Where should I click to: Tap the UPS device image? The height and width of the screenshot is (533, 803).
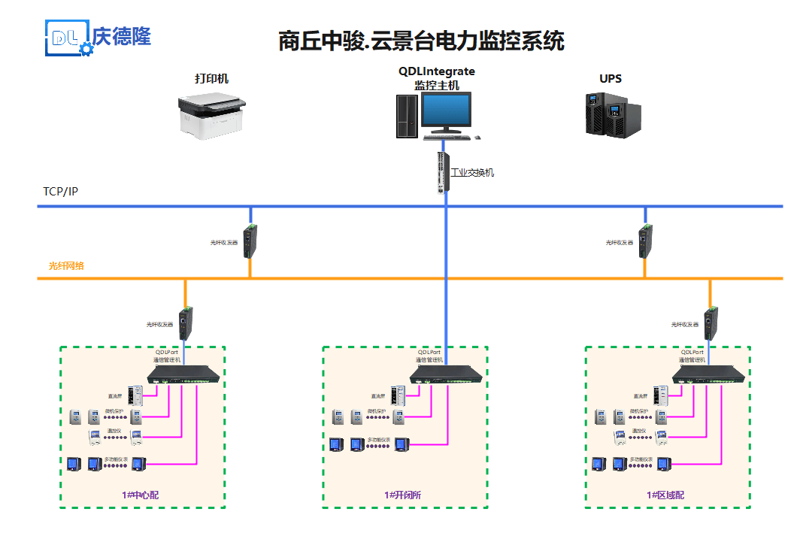tap(613, 114)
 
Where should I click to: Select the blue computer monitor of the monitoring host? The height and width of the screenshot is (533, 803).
tap(447, 111)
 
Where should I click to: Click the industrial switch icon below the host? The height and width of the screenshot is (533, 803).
tap(443, 172)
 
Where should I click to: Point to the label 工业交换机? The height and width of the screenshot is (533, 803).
tap(472, 173)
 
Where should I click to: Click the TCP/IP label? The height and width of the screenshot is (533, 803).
tap(61, 191)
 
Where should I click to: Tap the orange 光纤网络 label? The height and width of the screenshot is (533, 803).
tap(66, 266)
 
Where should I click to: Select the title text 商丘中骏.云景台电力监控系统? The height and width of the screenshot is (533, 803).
tap(421, 40)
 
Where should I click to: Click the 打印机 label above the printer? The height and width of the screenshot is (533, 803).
tap(211, 79)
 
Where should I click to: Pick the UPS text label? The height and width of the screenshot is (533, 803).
tap(611, 79)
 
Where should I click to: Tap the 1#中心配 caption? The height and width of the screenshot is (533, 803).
tap(141, 495)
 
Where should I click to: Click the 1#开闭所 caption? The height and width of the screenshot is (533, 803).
tap(403, 495)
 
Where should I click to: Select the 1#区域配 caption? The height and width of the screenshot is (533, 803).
tap(665, 495)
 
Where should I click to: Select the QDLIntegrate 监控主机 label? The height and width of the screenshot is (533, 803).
tap(437, 78)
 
